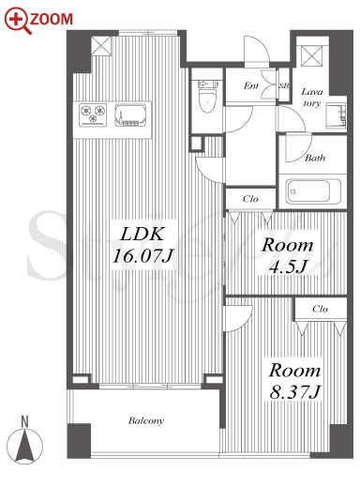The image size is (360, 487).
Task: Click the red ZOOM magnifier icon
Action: (x=18, y=20)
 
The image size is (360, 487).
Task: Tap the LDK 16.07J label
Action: (x=142, y=245)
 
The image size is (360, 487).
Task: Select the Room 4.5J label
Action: (x=287, y=255)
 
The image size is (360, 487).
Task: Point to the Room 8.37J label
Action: (x=295, y=381)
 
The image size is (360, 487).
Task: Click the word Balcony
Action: (x=146, y=421)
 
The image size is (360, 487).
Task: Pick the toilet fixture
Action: (x=206, y=97)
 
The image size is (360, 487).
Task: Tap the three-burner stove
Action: (x=93, y=114)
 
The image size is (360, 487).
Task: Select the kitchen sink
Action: (x=130, y=114)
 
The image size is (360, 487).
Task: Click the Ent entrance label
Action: (x=251, y=85)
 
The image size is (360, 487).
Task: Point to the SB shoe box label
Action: (x=284, y=85)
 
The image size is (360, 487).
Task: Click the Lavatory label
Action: (x=312, y=98)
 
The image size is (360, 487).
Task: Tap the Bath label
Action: (x=315, y=158)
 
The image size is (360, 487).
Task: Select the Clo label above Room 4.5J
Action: (x=250, y=199)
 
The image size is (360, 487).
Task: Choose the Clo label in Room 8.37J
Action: (x=320, y=309)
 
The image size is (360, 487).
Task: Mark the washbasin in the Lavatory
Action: (x=337, y=115)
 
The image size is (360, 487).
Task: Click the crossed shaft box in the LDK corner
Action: (x=101, y=46)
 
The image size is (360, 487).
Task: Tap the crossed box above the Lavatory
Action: (x=311, y=56)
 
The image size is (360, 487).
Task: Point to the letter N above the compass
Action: (x=24, y=422)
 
